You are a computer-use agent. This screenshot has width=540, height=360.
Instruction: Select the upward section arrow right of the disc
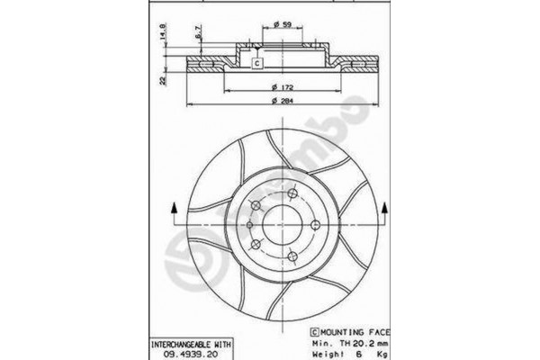[x=385, y=211]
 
